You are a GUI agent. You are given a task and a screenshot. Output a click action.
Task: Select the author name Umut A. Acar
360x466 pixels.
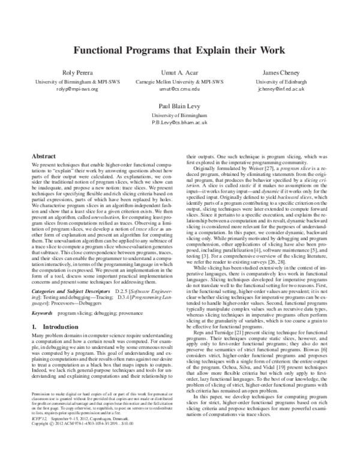pyautogui.click(x=179, y=73)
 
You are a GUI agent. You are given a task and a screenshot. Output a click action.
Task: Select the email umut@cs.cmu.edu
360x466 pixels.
pyautogui.click(x=179, y=88)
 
